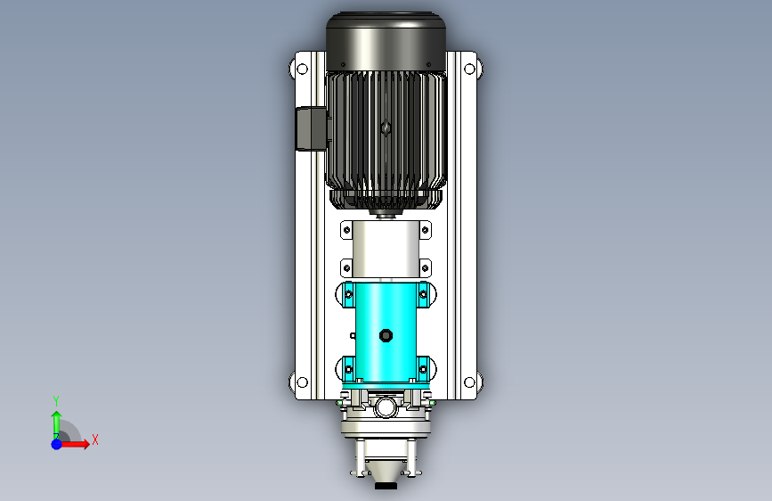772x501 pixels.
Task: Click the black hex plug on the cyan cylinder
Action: (386, 336)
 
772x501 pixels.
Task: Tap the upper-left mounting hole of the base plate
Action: (303, 69)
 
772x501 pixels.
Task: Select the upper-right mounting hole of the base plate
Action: (469, 69)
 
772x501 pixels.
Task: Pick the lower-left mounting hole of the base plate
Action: (303, 382)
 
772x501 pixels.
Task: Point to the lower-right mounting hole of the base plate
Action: (469, 382)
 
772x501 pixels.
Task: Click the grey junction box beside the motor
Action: (311, 128)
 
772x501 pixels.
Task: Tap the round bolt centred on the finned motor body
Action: (386, 128)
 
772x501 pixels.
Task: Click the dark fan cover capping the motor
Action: (386, 42)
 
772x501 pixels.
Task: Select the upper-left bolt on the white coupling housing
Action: (346, 230)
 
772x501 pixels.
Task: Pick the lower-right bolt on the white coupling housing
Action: (425, 268)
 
